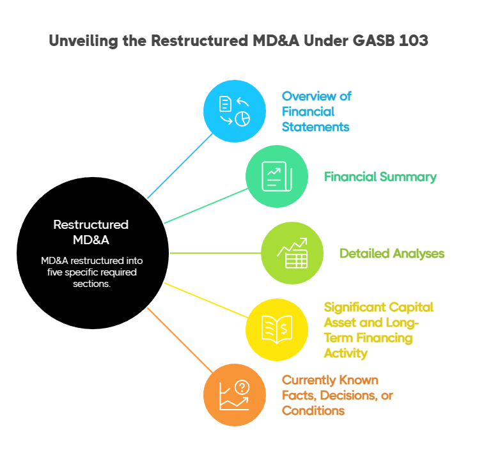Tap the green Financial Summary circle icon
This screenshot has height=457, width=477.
pyautogui.click(x=277, y=176)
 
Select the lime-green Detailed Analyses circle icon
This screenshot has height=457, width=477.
pyautogui.click(x=292, y=253)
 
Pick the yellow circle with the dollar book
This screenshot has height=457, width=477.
pyautogui.click(x=277, y=330)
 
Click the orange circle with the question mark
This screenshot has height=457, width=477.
pyautogui.click(x=235, y=395)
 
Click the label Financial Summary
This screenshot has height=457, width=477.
pyautogui.click(x=380, y=177)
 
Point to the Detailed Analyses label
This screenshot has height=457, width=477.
pyautogui.click(x=391, y=254)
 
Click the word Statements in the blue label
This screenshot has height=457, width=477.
pyautogui.click(x=316, y=127)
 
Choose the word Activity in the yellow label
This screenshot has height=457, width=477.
pyautogui.click(x=345, y=353)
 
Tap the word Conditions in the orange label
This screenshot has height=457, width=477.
pyautogui.click(x=313, y=410)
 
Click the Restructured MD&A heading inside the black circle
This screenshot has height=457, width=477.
pyautogui.click(x=91, y=232)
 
